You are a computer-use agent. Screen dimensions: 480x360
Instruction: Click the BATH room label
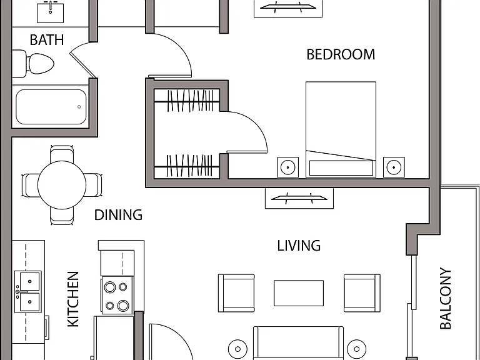point(47,40)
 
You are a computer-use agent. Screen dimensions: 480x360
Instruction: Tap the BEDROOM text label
point(341,54)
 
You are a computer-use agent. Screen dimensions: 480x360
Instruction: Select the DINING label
point(118,215)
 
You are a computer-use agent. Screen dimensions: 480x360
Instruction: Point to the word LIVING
point(299,246)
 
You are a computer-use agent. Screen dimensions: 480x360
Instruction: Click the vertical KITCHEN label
point(73,299)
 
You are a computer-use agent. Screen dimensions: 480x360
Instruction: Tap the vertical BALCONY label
point(446,299)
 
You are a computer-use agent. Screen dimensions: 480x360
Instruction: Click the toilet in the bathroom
point(34,64)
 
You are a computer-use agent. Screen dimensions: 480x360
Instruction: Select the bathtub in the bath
point(51,107)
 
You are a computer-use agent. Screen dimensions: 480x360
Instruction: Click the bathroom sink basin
point(51,13)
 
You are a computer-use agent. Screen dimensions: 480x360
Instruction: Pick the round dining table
point(62,185)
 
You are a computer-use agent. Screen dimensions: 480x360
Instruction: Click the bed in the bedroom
point(341,129)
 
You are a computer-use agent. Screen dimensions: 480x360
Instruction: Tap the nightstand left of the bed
point(287,167)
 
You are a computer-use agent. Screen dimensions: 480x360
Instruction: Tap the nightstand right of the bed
point(394,167)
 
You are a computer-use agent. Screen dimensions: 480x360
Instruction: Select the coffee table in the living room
point(299,293)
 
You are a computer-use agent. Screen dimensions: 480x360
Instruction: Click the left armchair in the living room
point(236,293)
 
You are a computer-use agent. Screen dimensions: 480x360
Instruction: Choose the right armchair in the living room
point(362,293)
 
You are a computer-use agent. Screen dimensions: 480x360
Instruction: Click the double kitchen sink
point(28,291)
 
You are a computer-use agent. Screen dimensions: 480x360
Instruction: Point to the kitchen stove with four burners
point(117,296)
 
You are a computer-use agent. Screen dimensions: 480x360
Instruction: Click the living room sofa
point(299,343)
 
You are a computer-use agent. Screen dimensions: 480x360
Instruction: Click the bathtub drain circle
point(79,107)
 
